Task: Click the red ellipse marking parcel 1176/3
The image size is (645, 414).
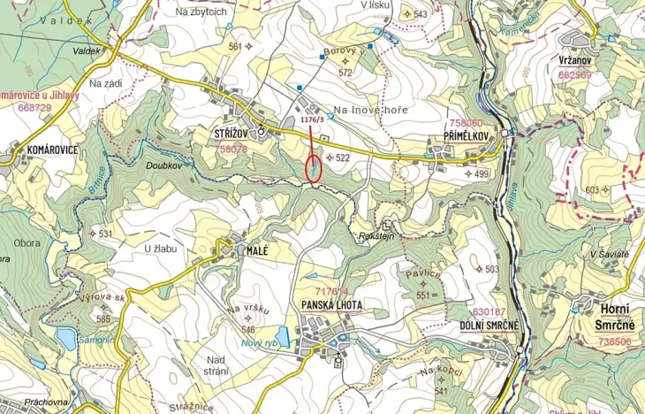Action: [313, 167]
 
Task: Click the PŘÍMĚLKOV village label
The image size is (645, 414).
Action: [467, 139]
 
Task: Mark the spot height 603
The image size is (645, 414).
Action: [592, 190]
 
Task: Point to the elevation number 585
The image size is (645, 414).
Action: [103, 318]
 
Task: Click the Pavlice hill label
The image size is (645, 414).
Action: [423, 275]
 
